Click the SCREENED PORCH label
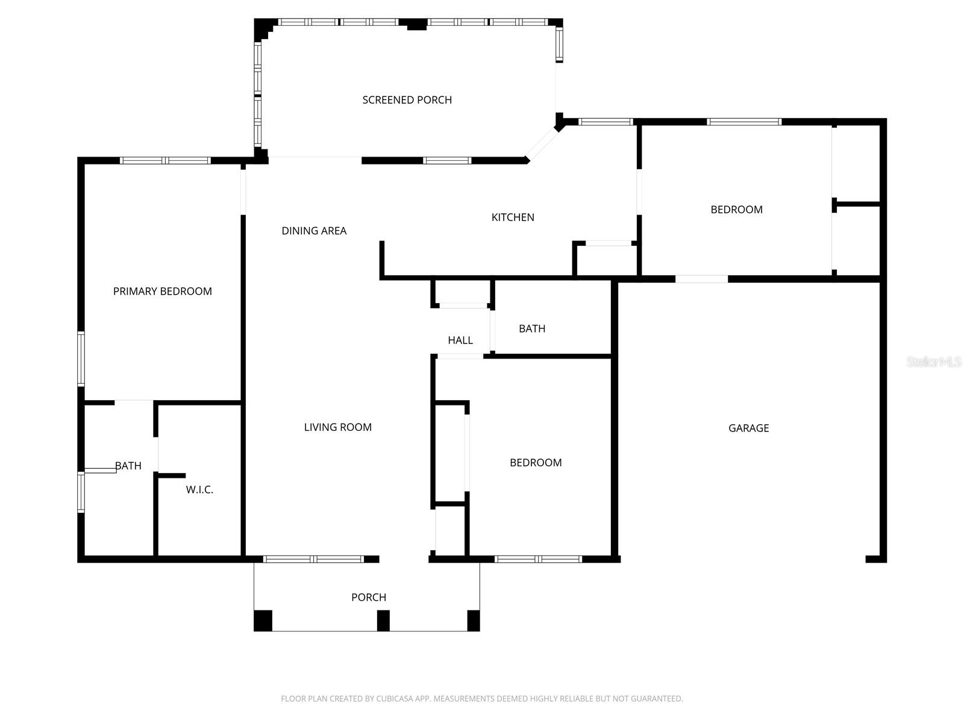(407, 100)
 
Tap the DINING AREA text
(314, 231)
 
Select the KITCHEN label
(513, 218)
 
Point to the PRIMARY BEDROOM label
(162, 292)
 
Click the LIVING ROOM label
(337, 427)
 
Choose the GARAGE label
(748, 428)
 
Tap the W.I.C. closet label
(199, 490)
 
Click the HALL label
(460, 340)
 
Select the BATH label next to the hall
(532, 329)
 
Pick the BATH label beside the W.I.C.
(128, 466)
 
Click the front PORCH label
(369, 597)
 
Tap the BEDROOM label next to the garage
(536, 463)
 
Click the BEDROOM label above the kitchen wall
(736, 210)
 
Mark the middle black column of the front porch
(383, 621)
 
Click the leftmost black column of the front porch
(263, 621)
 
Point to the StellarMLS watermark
(934, 362)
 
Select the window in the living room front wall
(313, 559)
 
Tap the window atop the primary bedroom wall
(164, 161)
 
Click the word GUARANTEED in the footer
(656, 699)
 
